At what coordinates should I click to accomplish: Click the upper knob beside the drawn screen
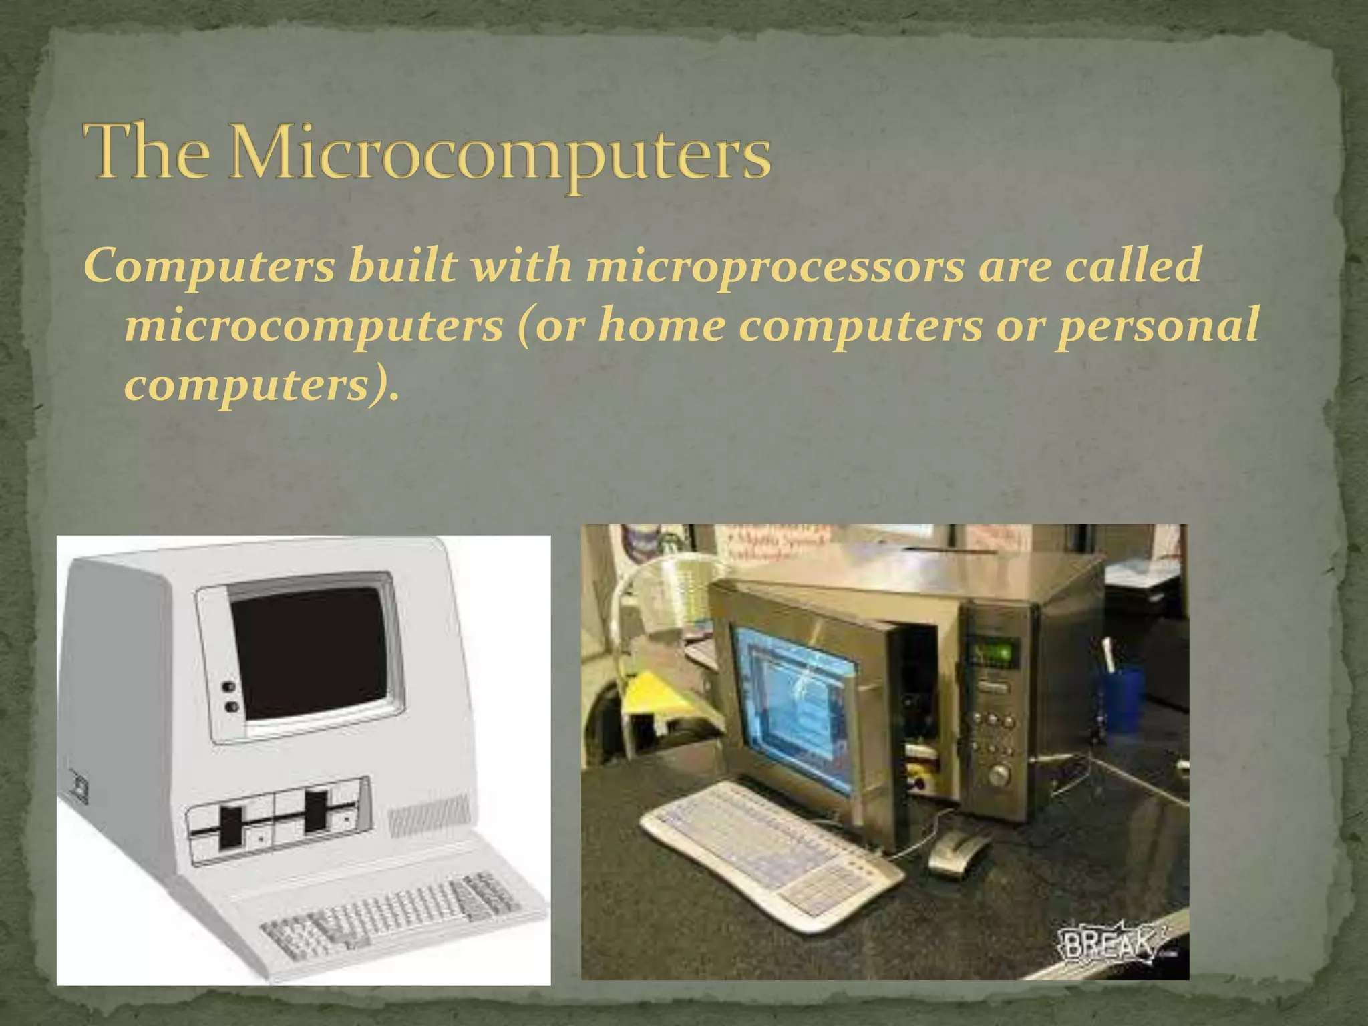[228, 687]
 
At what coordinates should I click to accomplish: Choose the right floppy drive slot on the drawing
[315, 811]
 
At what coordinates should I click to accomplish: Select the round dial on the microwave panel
[999, 775]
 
